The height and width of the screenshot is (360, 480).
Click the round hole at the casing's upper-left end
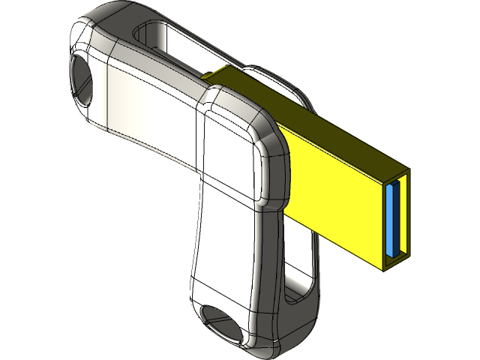pos(82,79)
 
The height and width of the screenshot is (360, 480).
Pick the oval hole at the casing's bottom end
pos(223,322)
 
